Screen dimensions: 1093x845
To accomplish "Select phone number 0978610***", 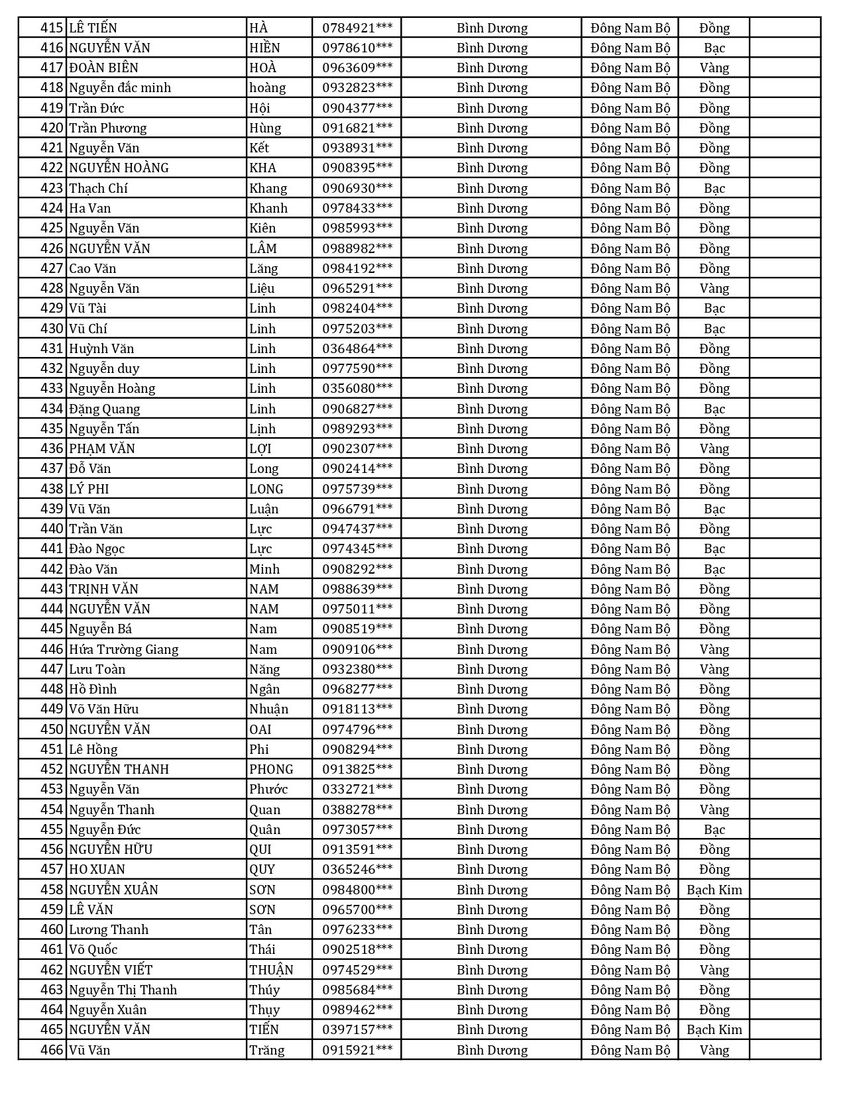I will tap(357, 48).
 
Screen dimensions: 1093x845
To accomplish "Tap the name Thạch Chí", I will tap(98, 188).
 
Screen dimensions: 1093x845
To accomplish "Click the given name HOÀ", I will tap(262, 68).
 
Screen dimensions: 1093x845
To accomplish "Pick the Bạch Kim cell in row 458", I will tap(714, 890).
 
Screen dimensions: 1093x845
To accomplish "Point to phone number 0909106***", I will tap(357, 649).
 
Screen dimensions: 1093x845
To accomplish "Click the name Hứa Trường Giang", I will tap(124, 649).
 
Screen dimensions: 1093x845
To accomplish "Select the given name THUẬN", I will tap(271, 970).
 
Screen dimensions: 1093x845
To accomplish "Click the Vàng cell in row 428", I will tap(714, 288).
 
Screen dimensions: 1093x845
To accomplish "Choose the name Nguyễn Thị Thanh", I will tap(123, 990).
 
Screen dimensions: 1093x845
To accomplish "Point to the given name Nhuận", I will tap(268, 709).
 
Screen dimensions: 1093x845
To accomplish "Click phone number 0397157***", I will tap(357, 1029).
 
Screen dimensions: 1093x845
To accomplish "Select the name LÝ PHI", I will tap(89, 489).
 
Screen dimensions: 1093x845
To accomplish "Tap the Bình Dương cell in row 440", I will tap(492, 529).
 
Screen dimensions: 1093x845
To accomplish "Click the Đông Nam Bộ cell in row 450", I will tap(630, 729).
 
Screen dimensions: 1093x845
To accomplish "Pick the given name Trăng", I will tap(266, 1050).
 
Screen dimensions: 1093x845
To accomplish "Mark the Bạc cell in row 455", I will tap(714, 829).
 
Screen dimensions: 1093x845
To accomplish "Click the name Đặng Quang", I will tap(105, 409).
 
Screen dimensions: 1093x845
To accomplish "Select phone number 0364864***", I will tap(357, 348).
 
